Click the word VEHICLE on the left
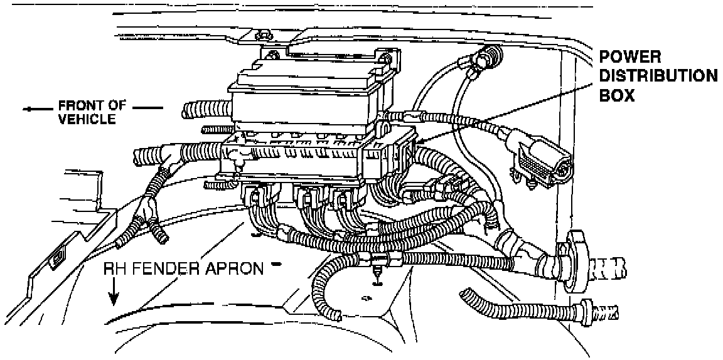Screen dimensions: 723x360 [87, 119]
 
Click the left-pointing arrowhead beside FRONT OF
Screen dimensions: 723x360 [29, 109]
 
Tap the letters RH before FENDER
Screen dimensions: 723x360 [115, 269]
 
